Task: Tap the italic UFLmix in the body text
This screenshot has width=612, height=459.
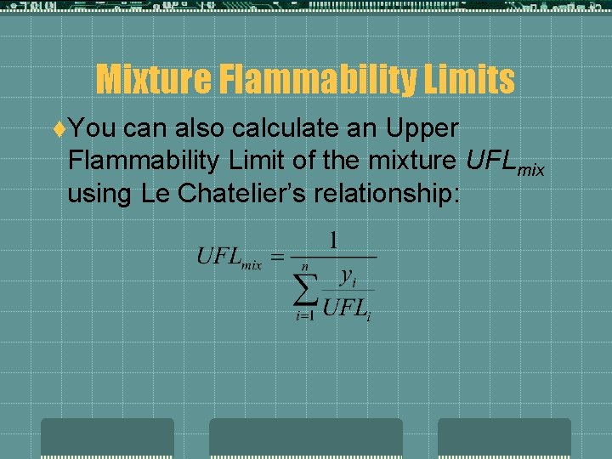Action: tap(505, 161)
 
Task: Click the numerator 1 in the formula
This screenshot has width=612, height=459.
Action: tap(333, 239)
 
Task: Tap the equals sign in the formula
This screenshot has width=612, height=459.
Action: tap(275, 258)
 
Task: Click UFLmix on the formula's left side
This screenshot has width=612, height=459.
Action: tap(229, 257)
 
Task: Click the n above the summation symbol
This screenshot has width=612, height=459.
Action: tap(304, 266)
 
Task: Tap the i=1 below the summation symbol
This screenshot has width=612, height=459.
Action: tap(304, 317)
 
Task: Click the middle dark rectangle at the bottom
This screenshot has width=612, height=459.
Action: tap(306, 438)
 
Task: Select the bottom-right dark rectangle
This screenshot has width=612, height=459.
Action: tap(504, 438)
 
